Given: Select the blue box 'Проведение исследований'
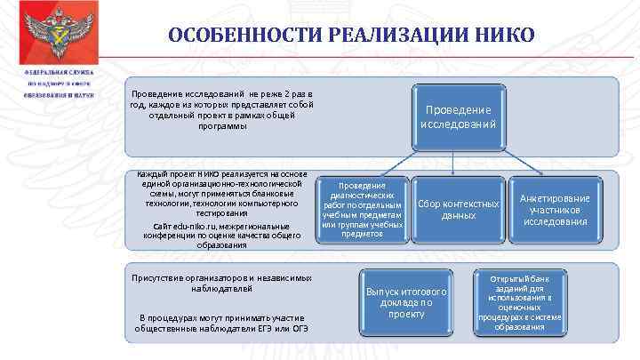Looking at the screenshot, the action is (x=458, y=122).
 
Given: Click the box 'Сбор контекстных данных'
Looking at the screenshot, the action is (x=458, y=210).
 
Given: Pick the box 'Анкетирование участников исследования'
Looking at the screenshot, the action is (x=554, y=210).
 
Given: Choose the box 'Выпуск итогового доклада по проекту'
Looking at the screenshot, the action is (x=406, y=302).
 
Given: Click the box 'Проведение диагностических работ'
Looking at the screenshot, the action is (x=363, y=210).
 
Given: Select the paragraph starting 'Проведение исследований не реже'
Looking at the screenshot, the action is (x=222, y=110).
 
